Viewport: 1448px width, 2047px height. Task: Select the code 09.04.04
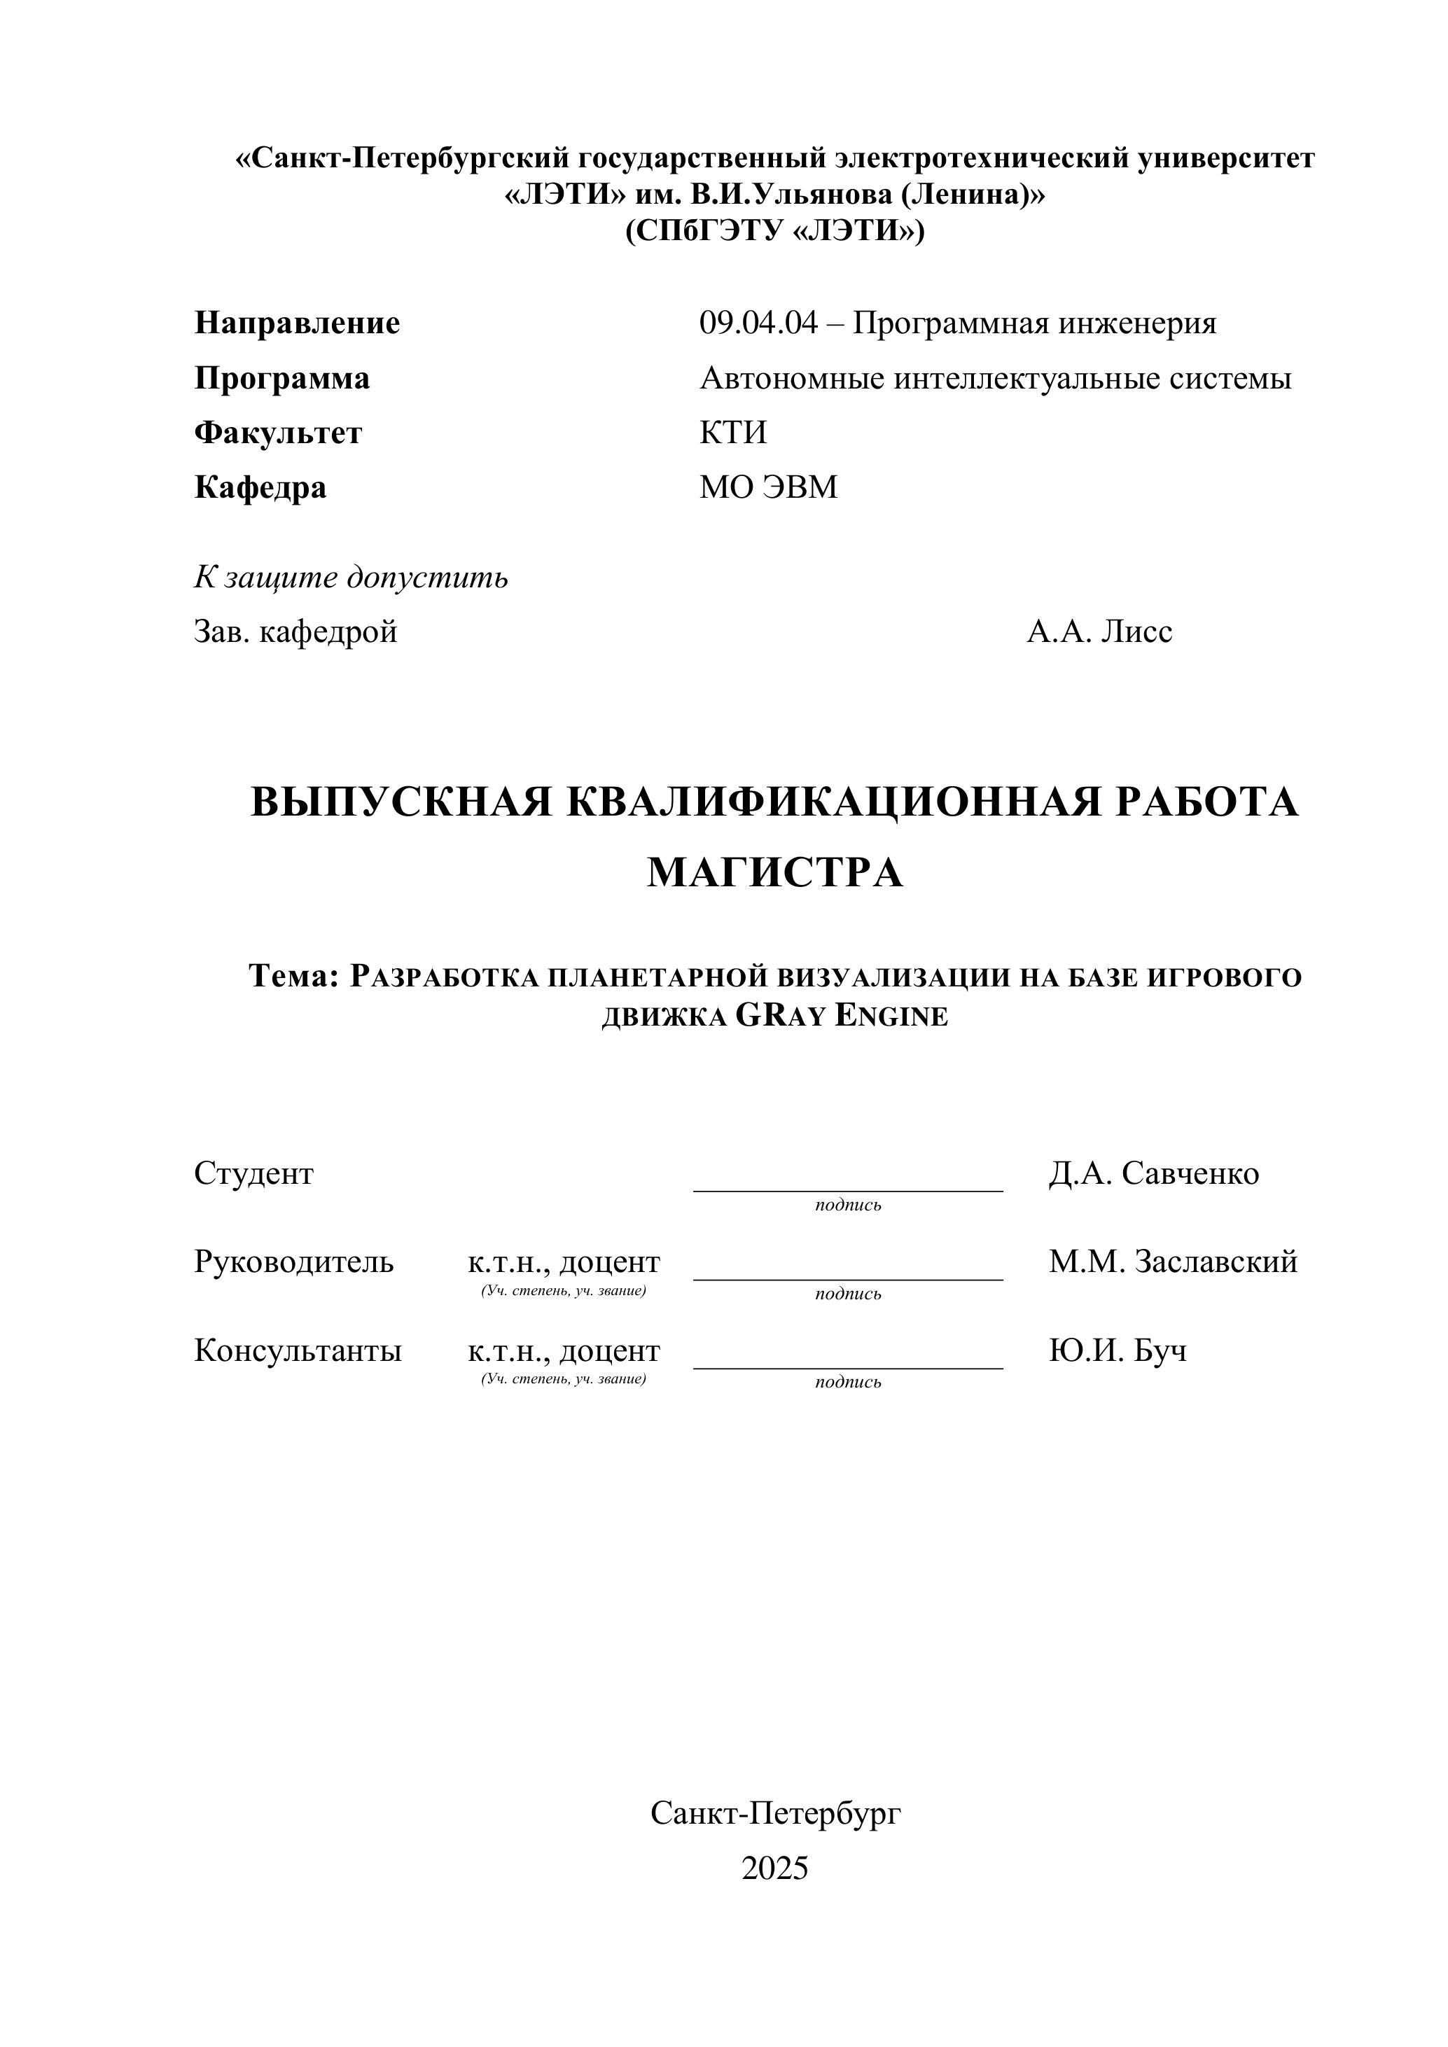pos(757,323)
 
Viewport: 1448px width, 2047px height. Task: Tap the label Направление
pos(297,323)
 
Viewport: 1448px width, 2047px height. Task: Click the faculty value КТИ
pos(733,433)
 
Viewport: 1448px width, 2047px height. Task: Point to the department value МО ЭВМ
pos(769,488)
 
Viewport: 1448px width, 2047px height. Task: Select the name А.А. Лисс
pos(1099,632)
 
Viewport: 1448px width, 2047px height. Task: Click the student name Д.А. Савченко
pos(1154,1173)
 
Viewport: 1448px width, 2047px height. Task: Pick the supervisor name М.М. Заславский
pos(1173,1262)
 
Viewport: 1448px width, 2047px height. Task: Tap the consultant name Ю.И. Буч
pos(1118,1350)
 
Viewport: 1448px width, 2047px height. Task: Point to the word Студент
pos(253,1173)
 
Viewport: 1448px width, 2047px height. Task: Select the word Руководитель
pos(293,1262)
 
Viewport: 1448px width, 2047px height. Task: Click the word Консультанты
pos(298,1350)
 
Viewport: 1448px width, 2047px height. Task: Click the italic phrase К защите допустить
pos(351,578)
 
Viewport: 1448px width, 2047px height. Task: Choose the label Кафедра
pos(260,488)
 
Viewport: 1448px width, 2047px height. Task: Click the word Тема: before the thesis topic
pos(294,977)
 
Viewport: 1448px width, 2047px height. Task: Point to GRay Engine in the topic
pos(842,1016)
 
